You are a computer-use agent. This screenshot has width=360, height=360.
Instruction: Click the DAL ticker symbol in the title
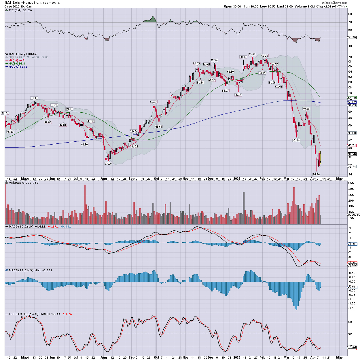8,3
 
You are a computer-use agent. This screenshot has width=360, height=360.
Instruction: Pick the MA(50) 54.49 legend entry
17,64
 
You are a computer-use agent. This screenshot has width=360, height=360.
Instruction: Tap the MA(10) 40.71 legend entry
17,60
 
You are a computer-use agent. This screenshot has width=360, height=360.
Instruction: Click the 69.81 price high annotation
252,54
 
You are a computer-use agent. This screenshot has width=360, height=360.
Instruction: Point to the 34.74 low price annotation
316,174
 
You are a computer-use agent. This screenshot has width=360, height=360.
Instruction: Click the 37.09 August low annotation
108,164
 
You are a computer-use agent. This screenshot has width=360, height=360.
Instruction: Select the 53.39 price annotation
34,98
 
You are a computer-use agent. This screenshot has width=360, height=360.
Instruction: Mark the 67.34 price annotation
214,60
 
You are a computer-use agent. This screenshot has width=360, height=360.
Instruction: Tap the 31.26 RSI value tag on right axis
352,37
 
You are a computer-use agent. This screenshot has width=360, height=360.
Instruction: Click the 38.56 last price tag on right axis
352,154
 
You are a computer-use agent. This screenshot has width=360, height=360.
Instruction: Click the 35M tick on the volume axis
351,183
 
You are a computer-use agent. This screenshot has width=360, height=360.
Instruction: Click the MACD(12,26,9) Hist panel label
29,270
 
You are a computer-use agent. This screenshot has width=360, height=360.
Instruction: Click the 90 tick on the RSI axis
350,14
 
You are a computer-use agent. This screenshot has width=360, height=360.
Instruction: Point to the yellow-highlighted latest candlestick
320,157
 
